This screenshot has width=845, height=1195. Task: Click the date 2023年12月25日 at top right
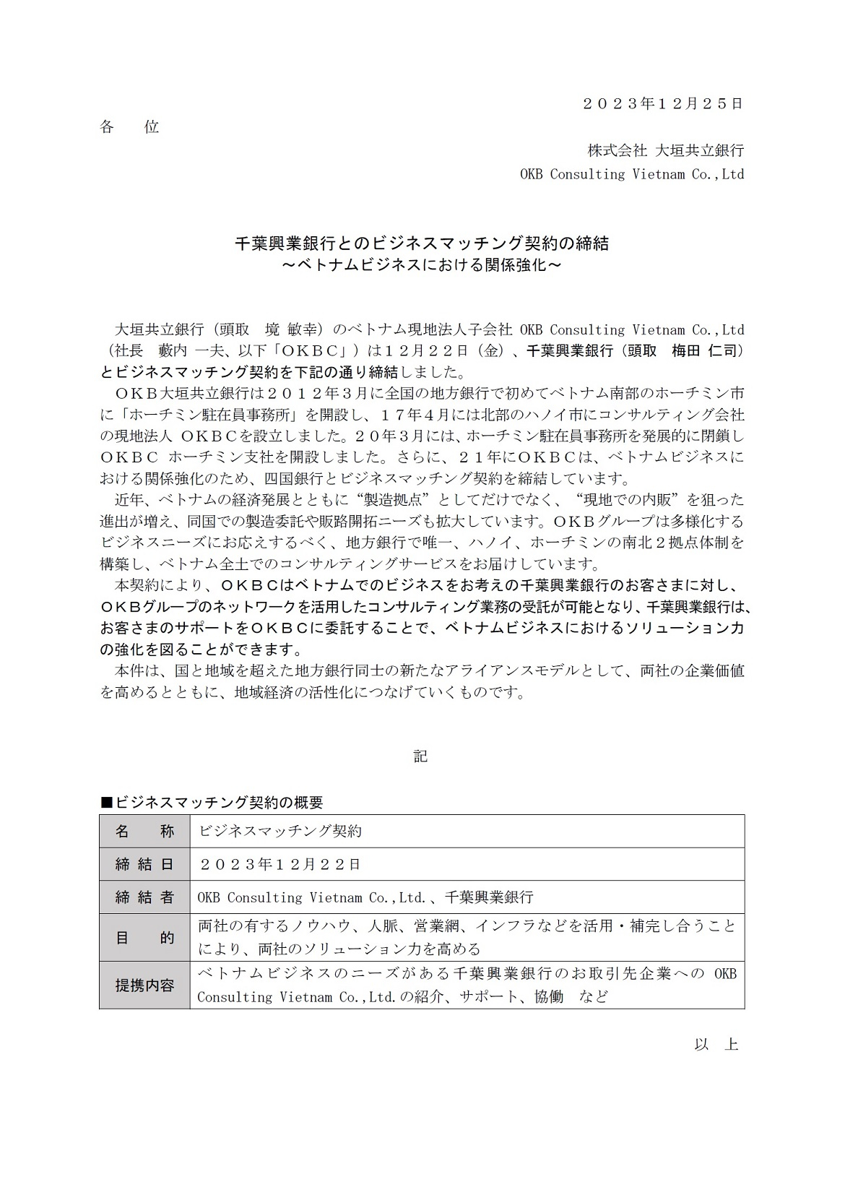(x=662, y=103)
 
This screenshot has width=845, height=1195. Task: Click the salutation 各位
(x=129, y=127)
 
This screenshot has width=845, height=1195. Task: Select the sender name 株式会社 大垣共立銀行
(x=665, y=150)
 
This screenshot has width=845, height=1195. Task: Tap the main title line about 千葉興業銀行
(x=422, y=243)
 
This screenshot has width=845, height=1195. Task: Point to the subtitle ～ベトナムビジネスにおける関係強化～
(x=422, y=265)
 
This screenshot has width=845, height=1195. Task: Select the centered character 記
(x=421, y=756)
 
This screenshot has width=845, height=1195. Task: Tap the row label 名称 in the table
(x=144, y=832)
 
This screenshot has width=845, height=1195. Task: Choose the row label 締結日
(x=144, y=864)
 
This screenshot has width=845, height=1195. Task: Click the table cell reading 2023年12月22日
(x=279, y=864)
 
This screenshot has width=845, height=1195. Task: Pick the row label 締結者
(x=144, y=897)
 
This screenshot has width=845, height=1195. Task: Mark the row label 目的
(x=144, y=938)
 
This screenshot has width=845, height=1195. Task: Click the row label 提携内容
(x=144, y=985)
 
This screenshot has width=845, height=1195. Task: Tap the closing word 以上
(x=716, y=1045)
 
